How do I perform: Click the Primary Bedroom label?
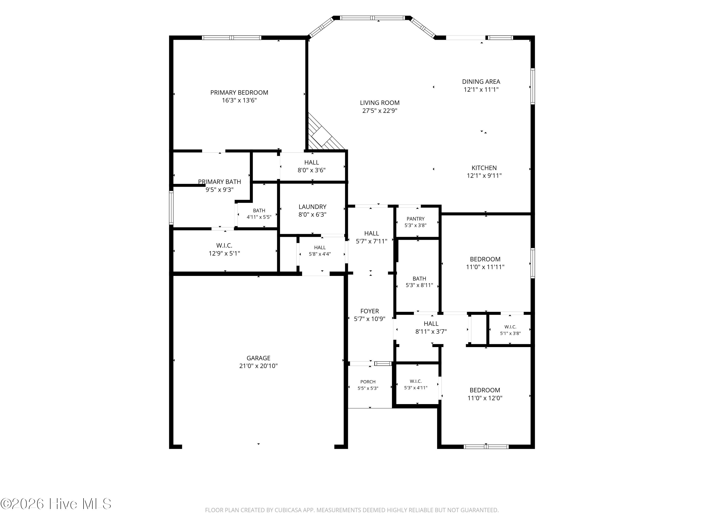239,93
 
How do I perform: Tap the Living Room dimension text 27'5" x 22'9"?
380,111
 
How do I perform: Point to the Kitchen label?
484,168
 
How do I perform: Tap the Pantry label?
415,219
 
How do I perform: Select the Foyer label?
370,311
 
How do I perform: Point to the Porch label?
368,382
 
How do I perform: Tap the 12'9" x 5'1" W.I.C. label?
224,249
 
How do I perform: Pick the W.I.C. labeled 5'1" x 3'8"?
510,330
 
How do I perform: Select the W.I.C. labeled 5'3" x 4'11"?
416,384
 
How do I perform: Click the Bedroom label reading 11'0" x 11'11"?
485,263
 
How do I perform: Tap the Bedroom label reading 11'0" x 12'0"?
485,394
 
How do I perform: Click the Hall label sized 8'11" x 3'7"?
431,328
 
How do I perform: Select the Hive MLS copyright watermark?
56,504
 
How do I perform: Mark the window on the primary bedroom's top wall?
232,38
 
